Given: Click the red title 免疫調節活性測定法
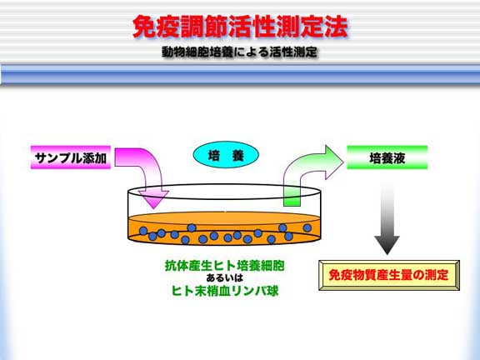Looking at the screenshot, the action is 241,27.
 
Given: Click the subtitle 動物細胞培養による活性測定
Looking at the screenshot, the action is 239,52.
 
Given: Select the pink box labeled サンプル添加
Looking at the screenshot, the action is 71,157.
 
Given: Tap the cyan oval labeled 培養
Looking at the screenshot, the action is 226,155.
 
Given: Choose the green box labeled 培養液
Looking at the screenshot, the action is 387,157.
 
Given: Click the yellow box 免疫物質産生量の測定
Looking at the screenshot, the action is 389,275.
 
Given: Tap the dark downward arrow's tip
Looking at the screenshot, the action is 387,254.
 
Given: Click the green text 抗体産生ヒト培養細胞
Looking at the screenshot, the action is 225,265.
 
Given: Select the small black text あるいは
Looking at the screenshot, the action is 225,278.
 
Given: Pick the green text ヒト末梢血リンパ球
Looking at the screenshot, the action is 225,291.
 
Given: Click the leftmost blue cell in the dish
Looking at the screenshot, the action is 143,231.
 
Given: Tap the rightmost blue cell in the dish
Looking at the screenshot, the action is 307,227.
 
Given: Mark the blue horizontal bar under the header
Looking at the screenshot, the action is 240,74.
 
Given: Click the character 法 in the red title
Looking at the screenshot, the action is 337,27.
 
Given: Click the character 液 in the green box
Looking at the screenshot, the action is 399,158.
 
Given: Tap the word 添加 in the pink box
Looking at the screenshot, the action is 95,158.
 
